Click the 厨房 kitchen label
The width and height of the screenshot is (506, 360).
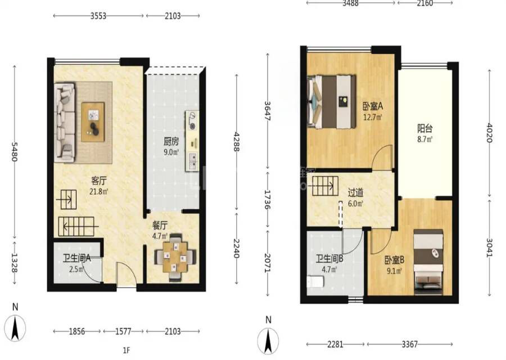[171, 141]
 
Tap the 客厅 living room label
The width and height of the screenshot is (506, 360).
[99, 181]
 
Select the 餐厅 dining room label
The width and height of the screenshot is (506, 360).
[160, 225]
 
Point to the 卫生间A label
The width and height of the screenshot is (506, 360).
[77, 258]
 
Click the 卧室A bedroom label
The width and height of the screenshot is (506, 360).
[373, 106]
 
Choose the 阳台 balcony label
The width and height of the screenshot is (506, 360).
[424, 128]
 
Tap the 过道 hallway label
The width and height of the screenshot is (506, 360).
[355, 193]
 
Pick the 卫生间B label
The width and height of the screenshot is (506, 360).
[329, 259]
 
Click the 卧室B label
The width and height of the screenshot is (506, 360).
[394, 260]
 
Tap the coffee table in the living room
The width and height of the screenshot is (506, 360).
[93, 121]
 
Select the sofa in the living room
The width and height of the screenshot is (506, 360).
[65, 123]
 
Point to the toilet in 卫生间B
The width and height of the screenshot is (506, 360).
[315, 282]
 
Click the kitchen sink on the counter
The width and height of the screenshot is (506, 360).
[192, 160]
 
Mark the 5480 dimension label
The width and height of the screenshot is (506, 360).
[14, 152]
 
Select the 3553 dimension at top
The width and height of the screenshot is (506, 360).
[98, 16]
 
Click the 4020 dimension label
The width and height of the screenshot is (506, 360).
[489, 133]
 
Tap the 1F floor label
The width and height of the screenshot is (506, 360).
[126, 350]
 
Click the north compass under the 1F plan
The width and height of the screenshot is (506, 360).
[15, 328]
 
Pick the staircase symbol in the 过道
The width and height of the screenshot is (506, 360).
[326, 186]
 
